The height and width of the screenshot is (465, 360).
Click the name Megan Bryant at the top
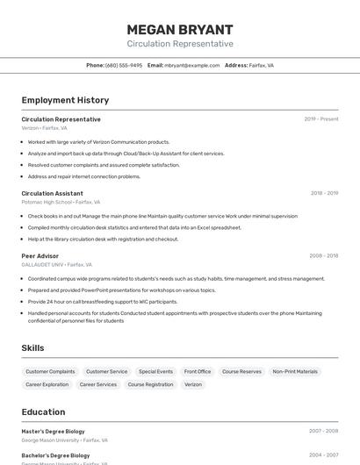pos(180,29)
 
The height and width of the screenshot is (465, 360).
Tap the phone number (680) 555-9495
pos(124,65)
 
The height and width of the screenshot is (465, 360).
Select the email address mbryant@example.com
pos(191,65)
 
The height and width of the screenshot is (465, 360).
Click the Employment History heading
pos(65,100)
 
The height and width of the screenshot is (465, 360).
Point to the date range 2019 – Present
pos(320,119)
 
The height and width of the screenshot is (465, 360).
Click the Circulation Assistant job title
pos(52,193)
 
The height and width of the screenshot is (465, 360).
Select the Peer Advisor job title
pos(40,256)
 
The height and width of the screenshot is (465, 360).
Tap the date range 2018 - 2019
pos(324,193)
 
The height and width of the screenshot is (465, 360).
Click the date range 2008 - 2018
pos(323,256)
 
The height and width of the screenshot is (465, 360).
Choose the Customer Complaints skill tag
pos(50,371)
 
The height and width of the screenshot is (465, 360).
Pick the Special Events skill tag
pos(155,371)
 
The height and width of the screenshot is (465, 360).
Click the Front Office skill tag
pos(198,371)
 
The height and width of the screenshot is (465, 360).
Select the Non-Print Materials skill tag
pos(295,371)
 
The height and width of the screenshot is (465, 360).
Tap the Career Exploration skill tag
pos(47,384)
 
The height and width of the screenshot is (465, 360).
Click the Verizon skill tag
pos(193,384)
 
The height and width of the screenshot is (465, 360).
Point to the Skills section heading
pos(32,348)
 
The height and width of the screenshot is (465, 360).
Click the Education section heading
pos(43,411)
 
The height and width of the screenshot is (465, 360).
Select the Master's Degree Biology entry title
pos(54,432)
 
